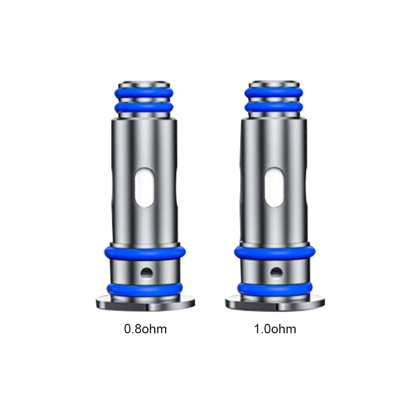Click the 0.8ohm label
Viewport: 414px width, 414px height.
pos(145,329)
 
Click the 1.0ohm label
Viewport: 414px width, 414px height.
pos(275,329)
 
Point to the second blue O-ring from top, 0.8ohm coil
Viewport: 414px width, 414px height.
pos(145,108)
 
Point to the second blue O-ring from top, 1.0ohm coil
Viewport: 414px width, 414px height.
pos(274,108)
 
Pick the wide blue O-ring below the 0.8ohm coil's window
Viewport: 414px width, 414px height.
pos(145,252)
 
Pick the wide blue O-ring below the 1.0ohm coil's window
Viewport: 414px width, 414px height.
pos(274,252)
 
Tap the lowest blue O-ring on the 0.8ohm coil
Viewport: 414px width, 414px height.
pos(145,289)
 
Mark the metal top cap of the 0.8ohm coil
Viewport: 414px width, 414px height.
pos(145,84)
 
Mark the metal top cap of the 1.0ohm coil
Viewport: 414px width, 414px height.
pos(274,84)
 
